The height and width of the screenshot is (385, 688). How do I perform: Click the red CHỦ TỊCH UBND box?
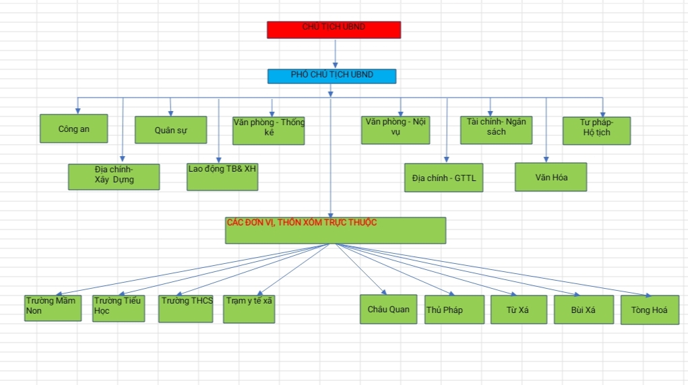(334, 30)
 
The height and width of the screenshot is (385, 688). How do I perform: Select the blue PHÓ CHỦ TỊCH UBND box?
(332, 76)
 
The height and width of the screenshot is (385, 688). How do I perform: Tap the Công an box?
(73, 129)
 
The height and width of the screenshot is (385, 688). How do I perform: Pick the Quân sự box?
(170, 130)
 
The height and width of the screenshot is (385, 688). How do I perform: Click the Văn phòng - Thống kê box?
(268, 131)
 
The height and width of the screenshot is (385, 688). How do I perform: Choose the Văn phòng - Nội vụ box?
(396, 130)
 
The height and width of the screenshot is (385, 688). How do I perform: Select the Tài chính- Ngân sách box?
(495, 129)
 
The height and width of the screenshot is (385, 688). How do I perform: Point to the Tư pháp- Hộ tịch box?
(596, 131)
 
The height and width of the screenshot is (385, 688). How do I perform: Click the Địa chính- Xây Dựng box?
(114, 176)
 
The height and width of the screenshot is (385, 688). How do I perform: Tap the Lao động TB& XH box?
(222, 176)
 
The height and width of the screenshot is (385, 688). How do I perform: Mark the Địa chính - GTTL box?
(443, 178)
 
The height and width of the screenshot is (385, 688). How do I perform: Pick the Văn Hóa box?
(551, 177)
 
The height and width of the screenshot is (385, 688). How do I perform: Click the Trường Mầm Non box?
(53, 308)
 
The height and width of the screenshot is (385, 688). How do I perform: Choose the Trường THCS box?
(186, 308)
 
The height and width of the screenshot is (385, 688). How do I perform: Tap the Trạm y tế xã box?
(249, 309)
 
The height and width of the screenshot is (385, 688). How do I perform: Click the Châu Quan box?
(388, 309)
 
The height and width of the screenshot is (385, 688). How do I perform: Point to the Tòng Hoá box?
(649, 310)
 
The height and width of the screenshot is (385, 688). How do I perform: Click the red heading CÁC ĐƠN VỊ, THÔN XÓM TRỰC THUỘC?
(301, 222)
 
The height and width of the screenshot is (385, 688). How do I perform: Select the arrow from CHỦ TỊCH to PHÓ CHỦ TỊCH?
(335, 53)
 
